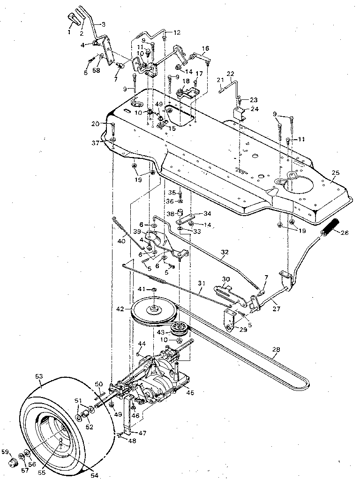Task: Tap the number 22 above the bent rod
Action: (x=230, y=74)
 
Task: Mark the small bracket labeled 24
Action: (x=239, y=113)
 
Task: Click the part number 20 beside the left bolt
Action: (x=96, y=124)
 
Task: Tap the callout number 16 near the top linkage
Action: (x=205, y=48)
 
